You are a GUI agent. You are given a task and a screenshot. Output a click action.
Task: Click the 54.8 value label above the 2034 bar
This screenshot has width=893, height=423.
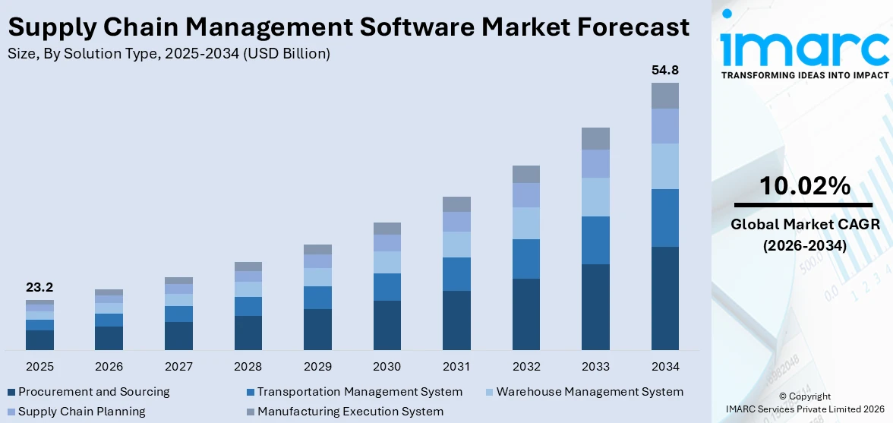coord(664,71)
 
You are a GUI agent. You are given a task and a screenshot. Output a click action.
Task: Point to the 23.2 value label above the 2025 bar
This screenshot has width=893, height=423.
coord(39,288)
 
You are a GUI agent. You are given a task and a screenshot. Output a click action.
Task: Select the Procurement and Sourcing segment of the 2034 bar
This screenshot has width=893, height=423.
coord(664,298)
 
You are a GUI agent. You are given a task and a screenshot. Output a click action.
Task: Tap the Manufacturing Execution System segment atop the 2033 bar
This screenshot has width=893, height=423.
coord(595,138)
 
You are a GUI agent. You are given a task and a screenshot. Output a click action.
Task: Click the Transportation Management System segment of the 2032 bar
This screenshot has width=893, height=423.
coord(525,259)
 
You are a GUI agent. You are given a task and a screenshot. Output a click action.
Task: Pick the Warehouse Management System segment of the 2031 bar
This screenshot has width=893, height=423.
coord(456,245)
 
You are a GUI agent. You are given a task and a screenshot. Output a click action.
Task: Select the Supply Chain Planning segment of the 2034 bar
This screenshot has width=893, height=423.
coord(664,126)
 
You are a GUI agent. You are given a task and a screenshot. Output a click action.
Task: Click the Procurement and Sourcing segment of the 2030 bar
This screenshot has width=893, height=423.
coord(387,325)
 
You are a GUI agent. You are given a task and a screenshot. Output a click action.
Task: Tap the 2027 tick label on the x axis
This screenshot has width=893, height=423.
coord(178,367)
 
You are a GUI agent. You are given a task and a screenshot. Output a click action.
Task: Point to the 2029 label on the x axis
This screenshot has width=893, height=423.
coord(317,367)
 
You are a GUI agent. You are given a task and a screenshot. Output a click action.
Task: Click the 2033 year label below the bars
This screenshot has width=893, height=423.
coord(595,367)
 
